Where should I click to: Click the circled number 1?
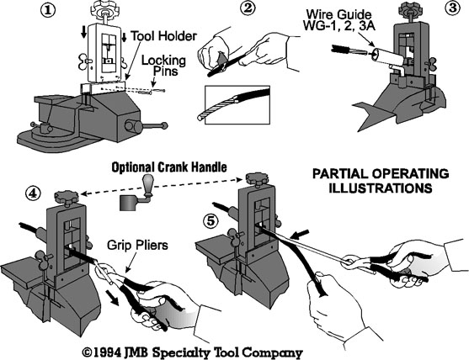coord(48,10)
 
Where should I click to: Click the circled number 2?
coord(248,9)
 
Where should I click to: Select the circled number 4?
coord(33,194)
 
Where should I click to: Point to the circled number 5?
coord(211,222)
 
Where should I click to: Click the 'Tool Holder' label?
coord(164,36)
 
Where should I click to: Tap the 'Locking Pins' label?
coord(163,66)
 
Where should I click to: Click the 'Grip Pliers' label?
coord(137,246)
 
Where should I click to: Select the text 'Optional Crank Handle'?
coord(169,167)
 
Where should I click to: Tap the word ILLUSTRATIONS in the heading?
coord(381,188)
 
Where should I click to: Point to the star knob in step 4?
coord(67,198)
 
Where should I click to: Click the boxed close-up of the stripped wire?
coord(237,105)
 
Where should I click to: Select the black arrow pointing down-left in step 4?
coord(111,298)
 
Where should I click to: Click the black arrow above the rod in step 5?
coord(301,234)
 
